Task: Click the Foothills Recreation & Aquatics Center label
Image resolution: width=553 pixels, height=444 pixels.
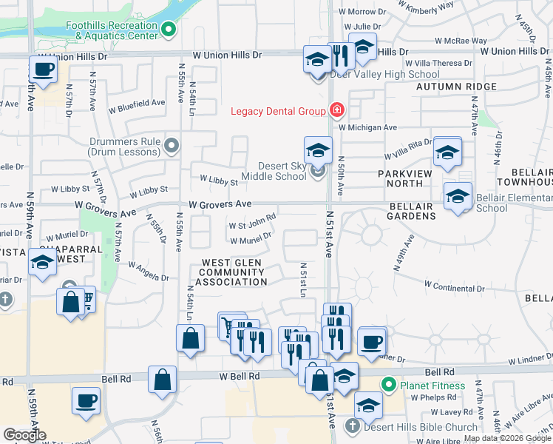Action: pyautogui.click(x=112, y=30)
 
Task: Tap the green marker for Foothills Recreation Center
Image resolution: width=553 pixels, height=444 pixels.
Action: pyautogui.click(x=169, y=30)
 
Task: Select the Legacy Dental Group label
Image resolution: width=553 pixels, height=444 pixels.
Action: pyautogui.click(x=278, y=111)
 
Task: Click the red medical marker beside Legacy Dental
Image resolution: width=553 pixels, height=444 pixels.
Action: pyautogui.click(x=336, y=111)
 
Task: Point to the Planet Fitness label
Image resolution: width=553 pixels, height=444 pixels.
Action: pyautogui.click(x=432, y=386)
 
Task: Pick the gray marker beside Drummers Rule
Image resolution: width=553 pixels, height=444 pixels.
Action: pyautogui.click(x=172, y=145)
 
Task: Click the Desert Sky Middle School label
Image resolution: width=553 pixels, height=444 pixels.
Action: pyautogui.click(x=282, y=171)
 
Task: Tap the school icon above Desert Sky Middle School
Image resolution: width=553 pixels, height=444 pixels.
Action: pyautogui.click(x=317, y=149)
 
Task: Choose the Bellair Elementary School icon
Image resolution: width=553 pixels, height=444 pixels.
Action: pyautogui.click(x=458, y=197)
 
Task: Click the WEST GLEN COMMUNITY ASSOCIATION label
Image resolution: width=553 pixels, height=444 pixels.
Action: pyautogui.click(x=234, y=272)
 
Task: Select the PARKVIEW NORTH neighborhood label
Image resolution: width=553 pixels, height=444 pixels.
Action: pyautogui.click(x=410, y=178)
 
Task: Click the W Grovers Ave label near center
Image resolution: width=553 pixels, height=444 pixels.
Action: pyautogui.click(x=220, y=203)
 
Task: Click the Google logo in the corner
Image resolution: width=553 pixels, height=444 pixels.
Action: pyautogui.click(x=24, y=435)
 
